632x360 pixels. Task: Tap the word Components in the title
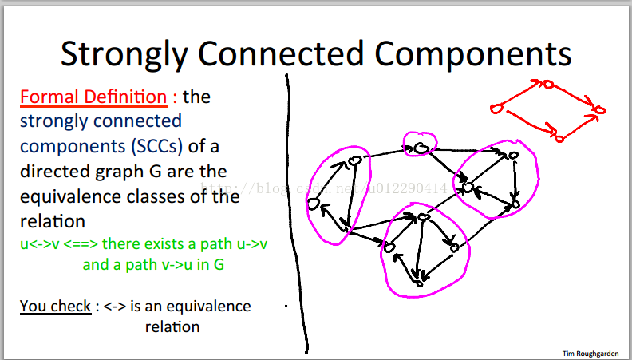tap(472, 54)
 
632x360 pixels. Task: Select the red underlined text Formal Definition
tap(93, 97)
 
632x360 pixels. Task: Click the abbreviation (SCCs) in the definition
tap(157, 146)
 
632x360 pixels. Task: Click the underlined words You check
tap(56, 306)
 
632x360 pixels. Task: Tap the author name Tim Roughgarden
tap(591, 354)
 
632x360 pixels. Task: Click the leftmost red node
tap(496, 108)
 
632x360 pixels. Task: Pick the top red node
tap(548, 85)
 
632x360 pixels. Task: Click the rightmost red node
tap(600, 109)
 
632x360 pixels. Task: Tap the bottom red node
tap(559, 139)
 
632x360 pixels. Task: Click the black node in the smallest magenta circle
tap(421, 148)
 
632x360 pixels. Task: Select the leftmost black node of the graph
tap(313, 204)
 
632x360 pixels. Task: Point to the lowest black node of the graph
tap(420, 284)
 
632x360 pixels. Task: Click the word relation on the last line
tap(172, 326)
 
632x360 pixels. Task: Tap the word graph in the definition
tap(120, 172)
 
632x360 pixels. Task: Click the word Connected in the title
tap(281, 54)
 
